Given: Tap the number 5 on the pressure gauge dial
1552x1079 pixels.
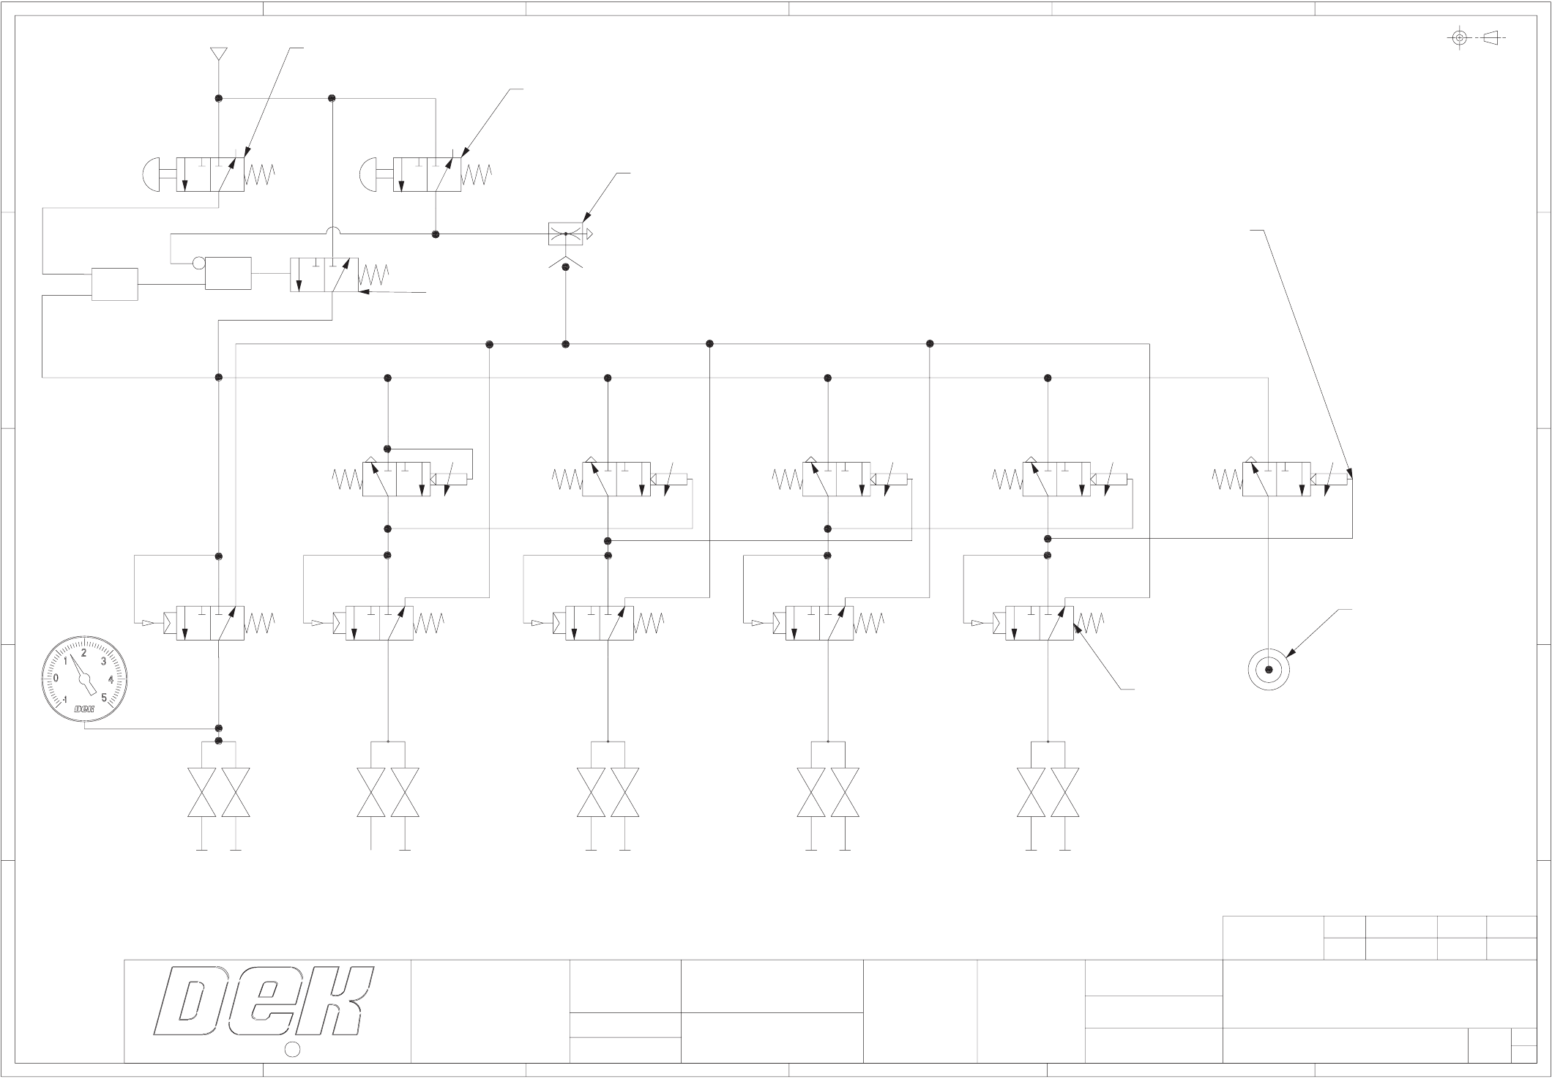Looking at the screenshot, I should coord(105,697).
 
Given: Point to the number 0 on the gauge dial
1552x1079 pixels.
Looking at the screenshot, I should coord(56,678).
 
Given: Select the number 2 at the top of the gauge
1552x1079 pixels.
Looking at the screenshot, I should coord(83,652).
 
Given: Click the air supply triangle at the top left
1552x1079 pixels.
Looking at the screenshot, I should coord(217,54).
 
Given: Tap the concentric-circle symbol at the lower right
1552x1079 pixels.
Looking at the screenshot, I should coord(1269,669).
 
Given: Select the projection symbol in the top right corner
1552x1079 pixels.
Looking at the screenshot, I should coord(1475,37).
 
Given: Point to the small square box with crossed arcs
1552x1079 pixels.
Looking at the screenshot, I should coord(565,234).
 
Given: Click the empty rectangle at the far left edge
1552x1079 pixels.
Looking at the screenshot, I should coord(114,284).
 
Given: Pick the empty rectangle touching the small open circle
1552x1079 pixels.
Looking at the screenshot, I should coord(228,273).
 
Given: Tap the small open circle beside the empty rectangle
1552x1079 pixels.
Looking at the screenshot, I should coord(198,262).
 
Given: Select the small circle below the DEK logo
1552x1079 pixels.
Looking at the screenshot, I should coord(291,1049).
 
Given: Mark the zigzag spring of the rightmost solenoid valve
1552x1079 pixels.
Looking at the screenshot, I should coord(1227,479).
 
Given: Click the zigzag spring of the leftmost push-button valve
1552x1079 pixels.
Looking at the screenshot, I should coord(260,174).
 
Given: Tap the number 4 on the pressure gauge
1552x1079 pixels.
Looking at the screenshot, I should coord(111,679).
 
